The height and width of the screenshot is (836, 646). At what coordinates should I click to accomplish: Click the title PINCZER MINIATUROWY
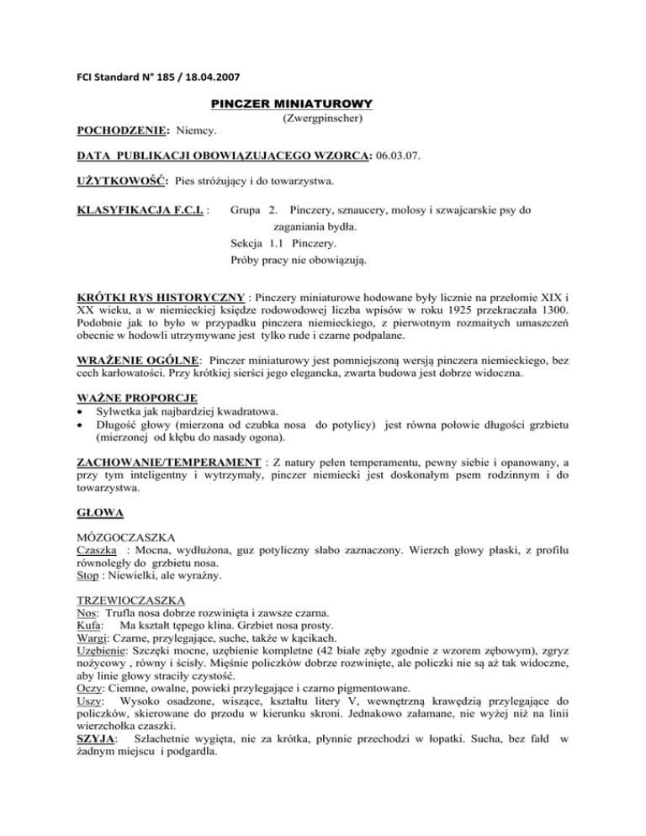[x=290, y=103]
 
